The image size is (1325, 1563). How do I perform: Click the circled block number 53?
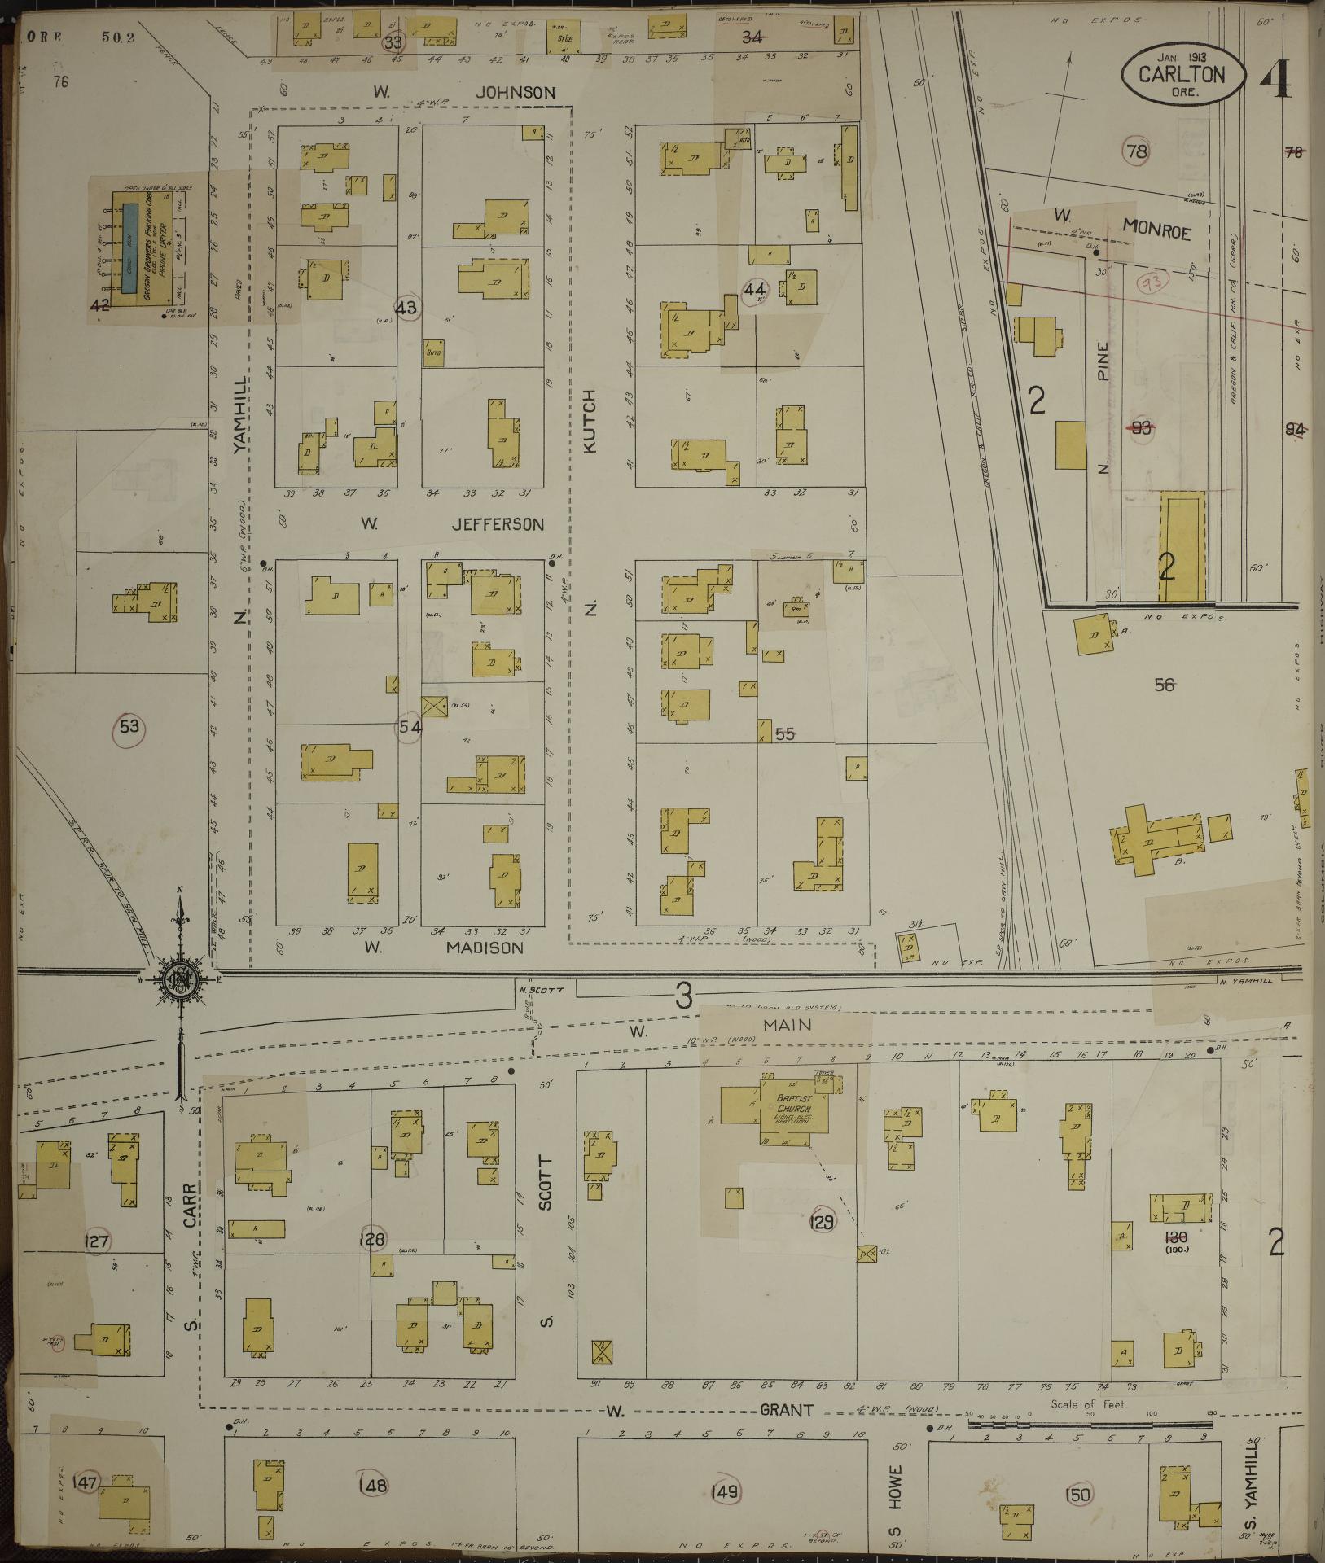129,726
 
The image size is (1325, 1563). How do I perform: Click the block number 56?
1165,685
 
